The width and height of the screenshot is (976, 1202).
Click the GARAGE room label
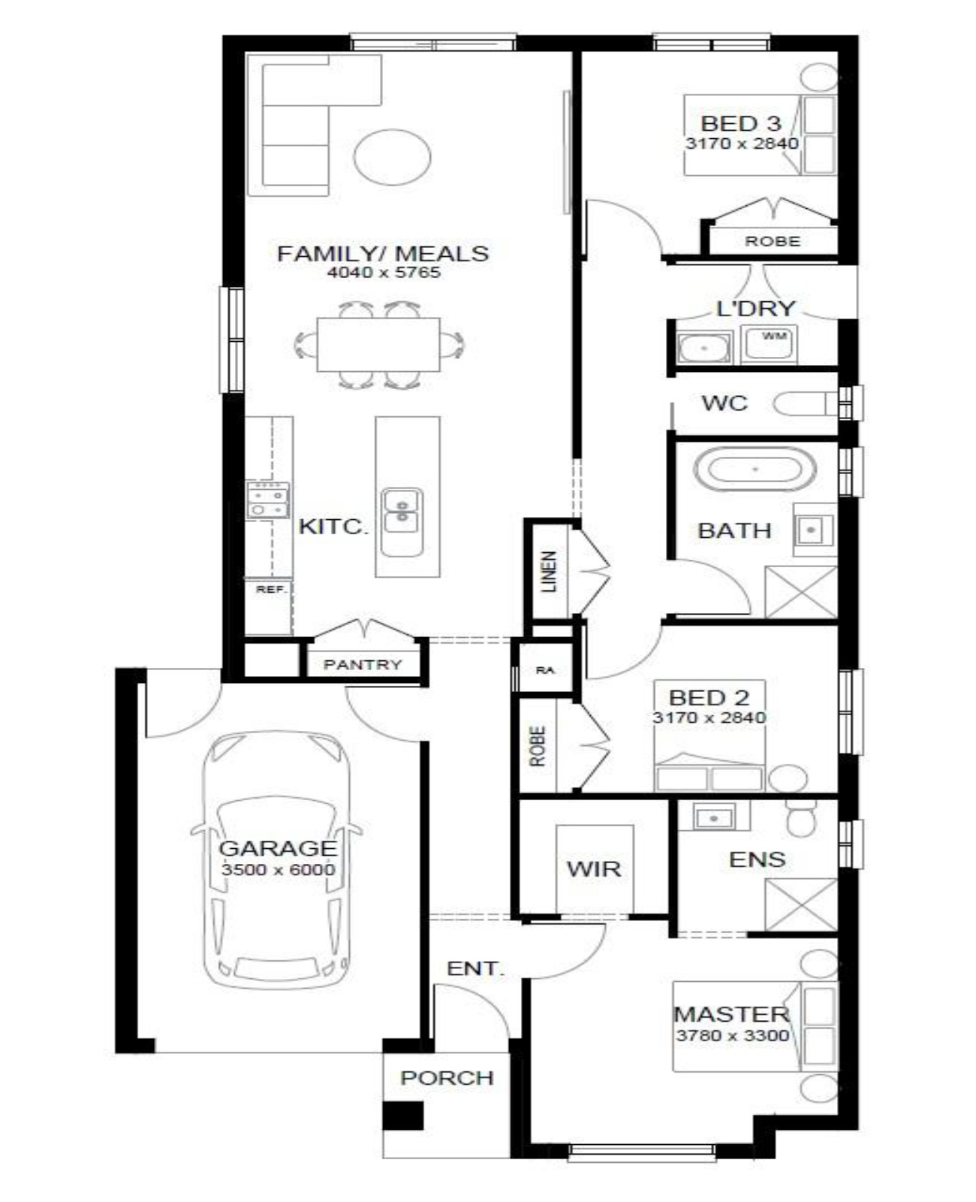click(277, 848)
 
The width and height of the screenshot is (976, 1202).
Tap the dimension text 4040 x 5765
click(384, 273)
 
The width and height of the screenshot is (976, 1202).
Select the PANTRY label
click(363, 664)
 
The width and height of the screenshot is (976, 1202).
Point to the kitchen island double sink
click(402, 522)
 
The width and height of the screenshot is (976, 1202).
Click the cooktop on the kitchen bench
click(268, 500)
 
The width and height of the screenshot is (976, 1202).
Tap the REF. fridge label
click(273, 590)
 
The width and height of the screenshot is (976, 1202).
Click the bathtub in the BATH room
click(755, 470)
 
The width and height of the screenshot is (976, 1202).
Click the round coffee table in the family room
click(393, 156)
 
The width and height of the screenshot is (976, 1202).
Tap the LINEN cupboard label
click(549, 571)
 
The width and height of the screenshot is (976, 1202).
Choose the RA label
click(545, 670)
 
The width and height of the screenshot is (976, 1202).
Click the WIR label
click(594, 868)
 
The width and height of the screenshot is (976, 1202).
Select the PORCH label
click(447, 1077)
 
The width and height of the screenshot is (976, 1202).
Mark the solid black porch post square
click(402, 1115)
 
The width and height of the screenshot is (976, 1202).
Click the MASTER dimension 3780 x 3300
click(733, 1035)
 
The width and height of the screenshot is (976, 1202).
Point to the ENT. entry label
click(475, 969)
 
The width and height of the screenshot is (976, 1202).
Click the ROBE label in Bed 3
click(773, 241)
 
